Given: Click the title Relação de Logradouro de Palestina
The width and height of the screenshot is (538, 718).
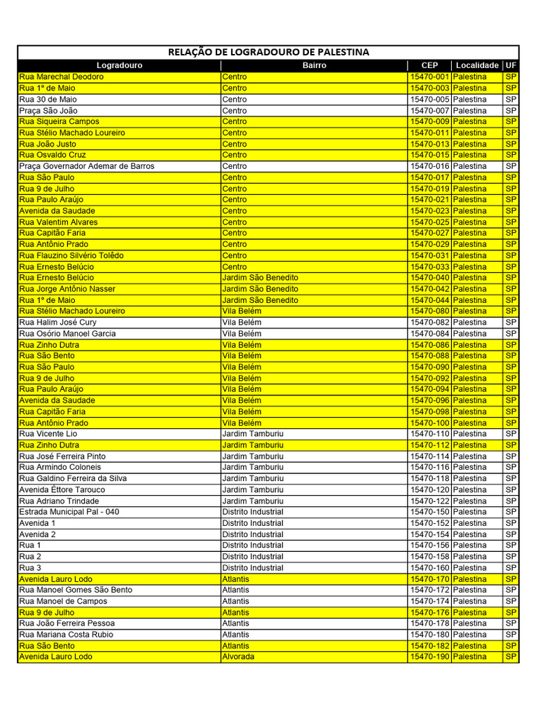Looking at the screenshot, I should click(268, 53).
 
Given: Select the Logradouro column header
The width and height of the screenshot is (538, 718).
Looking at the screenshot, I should click(119, 65).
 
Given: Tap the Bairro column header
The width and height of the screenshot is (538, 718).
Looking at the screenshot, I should click(314, 65).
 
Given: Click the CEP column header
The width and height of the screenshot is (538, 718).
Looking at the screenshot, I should click(429, 65).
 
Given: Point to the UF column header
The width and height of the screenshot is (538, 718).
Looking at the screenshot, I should click(511, 65).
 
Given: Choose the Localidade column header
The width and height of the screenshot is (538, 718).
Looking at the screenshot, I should click(477, 65).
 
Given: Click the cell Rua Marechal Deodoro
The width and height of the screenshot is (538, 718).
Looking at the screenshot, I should click(62, 77).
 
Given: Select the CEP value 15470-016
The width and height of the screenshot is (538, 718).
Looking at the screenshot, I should click(429, 166).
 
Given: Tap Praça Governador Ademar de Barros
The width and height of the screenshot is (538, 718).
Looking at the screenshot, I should click(87, 166).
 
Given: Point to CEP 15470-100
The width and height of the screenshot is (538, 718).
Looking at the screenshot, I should click(429, 423).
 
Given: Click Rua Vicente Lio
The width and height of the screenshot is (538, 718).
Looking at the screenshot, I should click(48, 434).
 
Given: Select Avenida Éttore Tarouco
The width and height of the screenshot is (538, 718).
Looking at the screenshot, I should click(62, 489).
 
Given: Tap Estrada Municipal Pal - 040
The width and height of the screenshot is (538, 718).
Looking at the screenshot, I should click(69, 512).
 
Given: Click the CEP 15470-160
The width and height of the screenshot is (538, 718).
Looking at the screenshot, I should click(429, 568).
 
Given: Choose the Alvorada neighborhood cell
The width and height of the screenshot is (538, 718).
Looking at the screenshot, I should click(238, 657).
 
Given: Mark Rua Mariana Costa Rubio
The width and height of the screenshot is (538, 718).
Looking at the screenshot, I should click(67, 635).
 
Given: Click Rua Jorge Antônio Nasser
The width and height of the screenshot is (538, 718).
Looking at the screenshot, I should click(67, 289).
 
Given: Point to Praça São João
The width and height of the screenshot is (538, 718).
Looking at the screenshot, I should click(48, 111).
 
